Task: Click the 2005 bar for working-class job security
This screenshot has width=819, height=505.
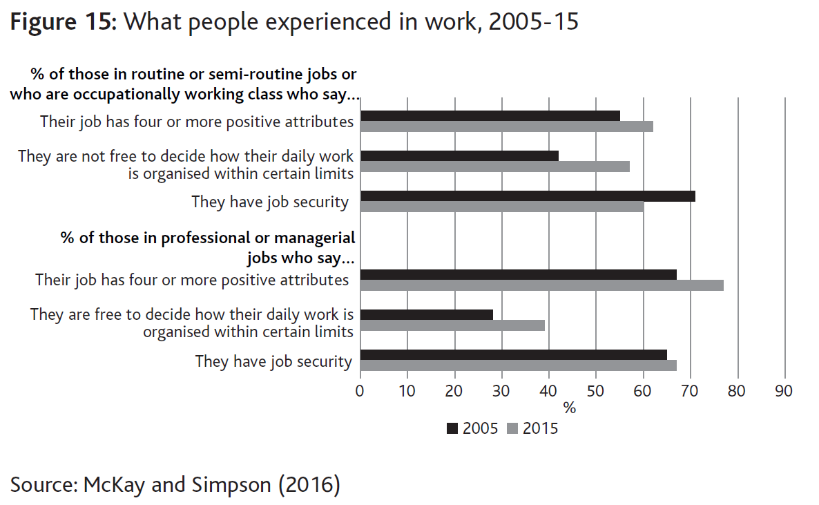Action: [x=528, y=196]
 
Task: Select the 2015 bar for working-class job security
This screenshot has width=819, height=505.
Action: [x=502, y=207]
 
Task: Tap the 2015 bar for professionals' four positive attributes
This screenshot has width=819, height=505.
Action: [x=541, y=285]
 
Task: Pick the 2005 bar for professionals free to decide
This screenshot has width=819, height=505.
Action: [x=427, y=315]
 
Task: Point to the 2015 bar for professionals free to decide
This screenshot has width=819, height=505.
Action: [x=452, y=325]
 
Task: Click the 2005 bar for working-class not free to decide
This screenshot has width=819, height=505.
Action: [x=459, y=156]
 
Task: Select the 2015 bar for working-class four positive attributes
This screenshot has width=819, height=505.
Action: [x=506, y=126]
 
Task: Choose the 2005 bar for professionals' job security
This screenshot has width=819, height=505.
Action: [x=513, y=354]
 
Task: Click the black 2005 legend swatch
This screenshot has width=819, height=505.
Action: [x=453, y=428]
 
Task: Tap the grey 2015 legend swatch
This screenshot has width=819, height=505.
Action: [x=512, y=428]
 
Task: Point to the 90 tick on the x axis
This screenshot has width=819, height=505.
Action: [x=784, y=391]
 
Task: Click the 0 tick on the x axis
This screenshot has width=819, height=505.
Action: [x=360, y=391]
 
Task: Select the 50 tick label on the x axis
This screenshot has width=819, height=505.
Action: [x=595, y=391]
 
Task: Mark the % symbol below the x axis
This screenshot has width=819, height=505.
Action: [x=570, y=408]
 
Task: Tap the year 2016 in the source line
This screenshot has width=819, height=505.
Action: [x=309, y=484]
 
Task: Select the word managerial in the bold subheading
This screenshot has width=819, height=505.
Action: [x=315, y=238]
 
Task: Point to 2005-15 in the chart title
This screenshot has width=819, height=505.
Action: [x=533, y=22]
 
